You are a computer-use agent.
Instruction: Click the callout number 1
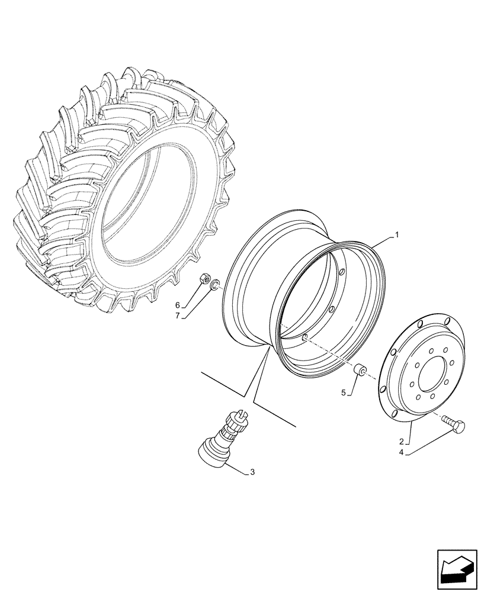(397, 235)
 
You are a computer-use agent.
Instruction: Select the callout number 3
(253, 472)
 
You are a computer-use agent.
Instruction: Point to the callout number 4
(401, 453)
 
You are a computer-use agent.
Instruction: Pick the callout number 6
(177, 305)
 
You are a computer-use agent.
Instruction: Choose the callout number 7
(177, 316)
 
